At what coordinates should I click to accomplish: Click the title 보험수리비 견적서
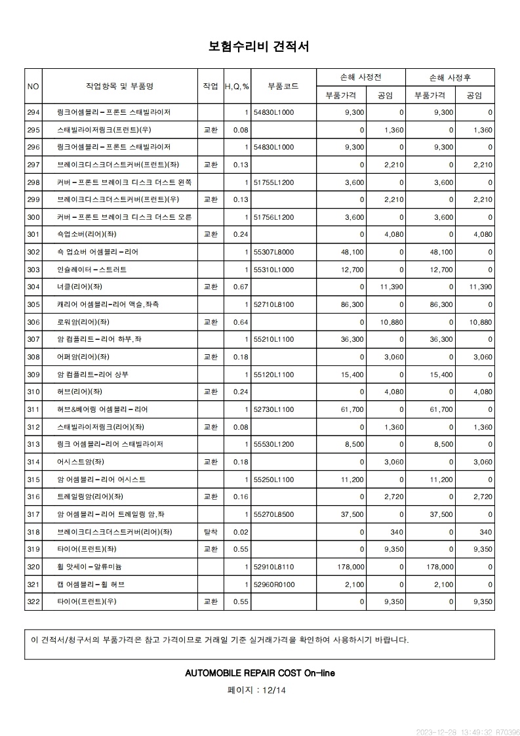pos(259,47)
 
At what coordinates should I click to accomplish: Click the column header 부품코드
pos(283,86)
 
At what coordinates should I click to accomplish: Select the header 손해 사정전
pos(361,77)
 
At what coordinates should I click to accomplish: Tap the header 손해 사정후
pos(450,77)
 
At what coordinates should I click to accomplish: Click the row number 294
pos(33,112)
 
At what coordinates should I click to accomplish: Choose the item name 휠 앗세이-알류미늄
pos(89,567)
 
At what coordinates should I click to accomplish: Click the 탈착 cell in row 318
pos(210,532)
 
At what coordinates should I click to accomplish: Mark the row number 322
pos(33,602)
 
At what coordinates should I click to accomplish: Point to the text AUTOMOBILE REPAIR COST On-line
pos(260,673)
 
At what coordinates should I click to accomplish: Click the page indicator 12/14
pos(274,690)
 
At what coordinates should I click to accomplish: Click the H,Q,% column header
pos(237,86)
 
